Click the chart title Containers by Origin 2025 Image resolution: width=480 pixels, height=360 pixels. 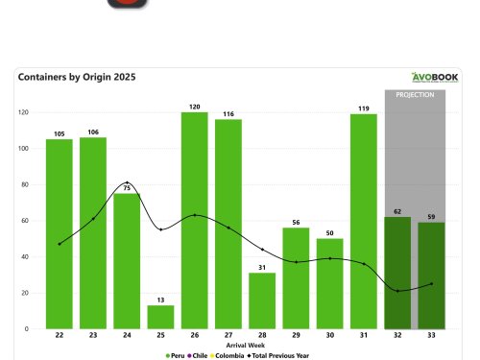77,77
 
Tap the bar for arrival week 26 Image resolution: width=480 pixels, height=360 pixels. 195,221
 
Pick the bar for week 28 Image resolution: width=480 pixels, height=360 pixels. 262,300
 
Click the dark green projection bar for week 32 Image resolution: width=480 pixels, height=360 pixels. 396,273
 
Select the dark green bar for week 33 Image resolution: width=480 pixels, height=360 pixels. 430,276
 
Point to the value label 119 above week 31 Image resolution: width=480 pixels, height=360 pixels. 363,108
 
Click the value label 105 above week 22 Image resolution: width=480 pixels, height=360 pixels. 60,133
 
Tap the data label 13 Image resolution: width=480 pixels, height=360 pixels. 161,299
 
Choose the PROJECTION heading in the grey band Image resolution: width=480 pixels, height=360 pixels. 413,94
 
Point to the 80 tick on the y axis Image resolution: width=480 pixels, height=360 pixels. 23,184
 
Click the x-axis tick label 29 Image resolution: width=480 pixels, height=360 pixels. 296,336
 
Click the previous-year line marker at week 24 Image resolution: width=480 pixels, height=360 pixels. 128,183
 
